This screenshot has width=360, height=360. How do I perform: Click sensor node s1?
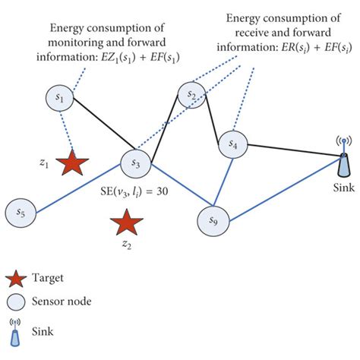click(61, 97)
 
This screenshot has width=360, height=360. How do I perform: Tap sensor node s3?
click(136, 163)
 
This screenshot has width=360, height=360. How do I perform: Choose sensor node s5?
click(21, 213)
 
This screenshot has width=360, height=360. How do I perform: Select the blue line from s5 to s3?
click(76, 188)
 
